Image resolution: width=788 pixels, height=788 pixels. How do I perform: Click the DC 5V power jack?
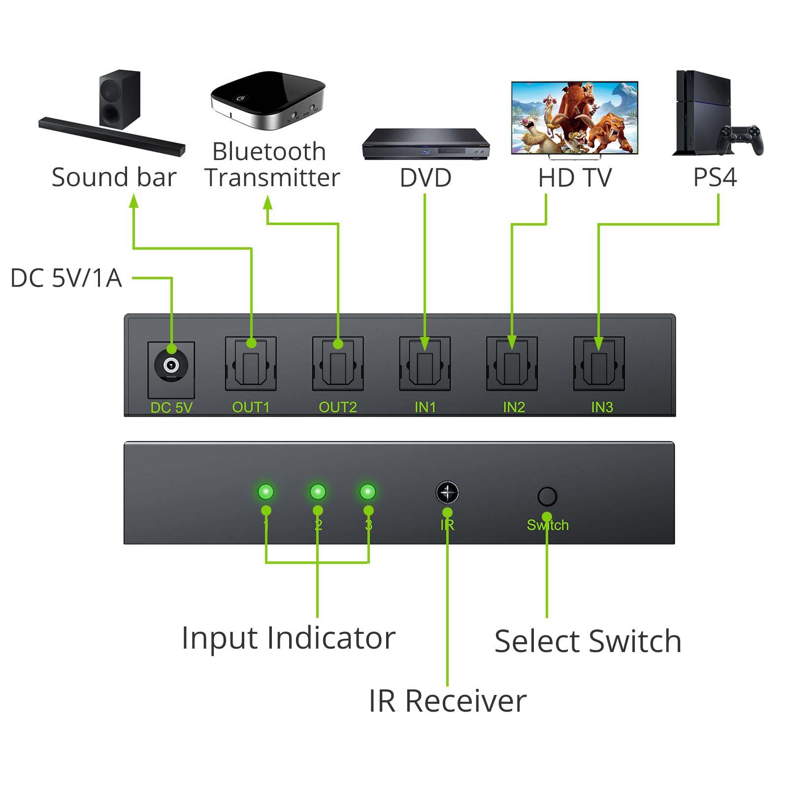click(x=171, y=365)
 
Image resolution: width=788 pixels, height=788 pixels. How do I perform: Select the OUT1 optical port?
click(x=251, y=365)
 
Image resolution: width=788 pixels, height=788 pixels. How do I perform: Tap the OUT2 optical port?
click(x=338, y=365)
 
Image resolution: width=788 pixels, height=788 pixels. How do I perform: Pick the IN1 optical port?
click(x=425, y=365)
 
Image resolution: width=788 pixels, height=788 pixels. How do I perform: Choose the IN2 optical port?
click(x=512, y=365)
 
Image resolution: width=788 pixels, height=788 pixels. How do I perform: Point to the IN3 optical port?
click(x=599, y=365)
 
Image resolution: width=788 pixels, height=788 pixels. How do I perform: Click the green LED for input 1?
click(x=266, y=492)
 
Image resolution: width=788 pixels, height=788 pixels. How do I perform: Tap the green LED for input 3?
click(x=368, y=492)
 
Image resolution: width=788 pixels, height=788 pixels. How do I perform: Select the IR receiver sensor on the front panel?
click(x=447, y=492)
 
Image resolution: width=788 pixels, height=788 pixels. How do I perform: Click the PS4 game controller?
click(x=740, y=139)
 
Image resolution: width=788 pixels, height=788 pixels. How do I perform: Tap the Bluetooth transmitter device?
click(x=267, y=100)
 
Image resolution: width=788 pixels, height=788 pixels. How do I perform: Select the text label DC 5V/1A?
click(x=66, y=278)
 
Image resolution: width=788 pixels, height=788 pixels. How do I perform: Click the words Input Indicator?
click(x=288, y=638)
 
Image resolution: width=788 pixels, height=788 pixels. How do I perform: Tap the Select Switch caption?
click(x=588, y=641)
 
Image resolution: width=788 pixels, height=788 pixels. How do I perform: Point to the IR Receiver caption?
click(x=447, y=701)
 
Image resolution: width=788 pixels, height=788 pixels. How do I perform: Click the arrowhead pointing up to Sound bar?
click(x=133, y=201)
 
